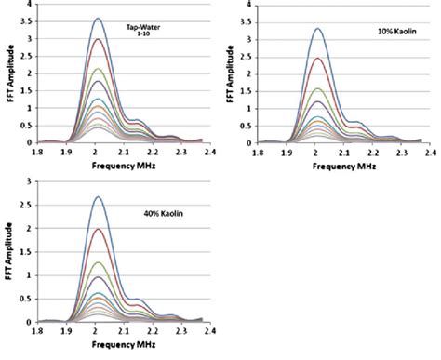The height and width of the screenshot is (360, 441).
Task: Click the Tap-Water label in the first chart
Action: (144, 31)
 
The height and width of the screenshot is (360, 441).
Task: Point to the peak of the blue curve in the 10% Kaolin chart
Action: (317, 28)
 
